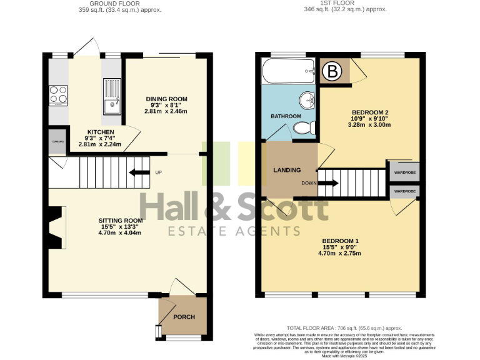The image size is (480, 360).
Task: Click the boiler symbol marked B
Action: [x=333, y=72]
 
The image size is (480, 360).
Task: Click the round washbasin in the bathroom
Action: [x=307, y=101]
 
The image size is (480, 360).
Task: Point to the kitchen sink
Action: [x=113, y=97]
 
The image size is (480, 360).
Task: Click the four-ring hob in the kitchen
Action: [x=59, y=95]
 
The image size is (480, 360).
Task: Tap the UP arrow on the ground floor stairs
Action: [x=139, y=173]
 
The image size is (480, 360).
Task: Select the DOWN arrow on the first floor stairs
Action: [x=328, y=183]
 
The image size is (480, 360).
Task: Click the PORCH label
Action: [x=184, y=317]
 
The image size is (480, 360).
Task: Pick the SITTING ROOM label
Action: [x=121, y=221]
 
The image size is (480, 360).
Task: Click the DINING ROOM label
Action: [x=166, y=99]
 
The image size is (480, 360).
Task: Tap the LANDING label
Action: [x=287, y=170]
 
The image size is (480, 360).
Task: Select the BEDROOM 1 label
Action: [x=340, y=241]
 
